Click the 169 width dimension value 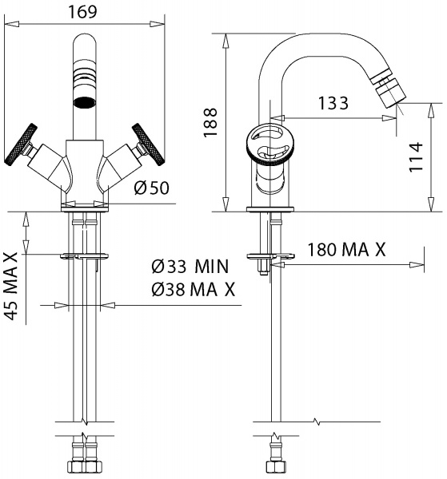(x=83, y=11)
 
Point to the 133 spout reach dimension (x=332, y=103)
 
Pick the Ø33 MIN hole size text (x=190, y=266)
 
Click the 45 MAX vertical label (x=12, y=285)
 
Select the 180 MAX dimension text (x=346, y=249)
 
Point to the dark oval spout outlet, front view (x=84, y=103)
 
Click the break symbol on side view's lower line (x=319, y=421)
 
